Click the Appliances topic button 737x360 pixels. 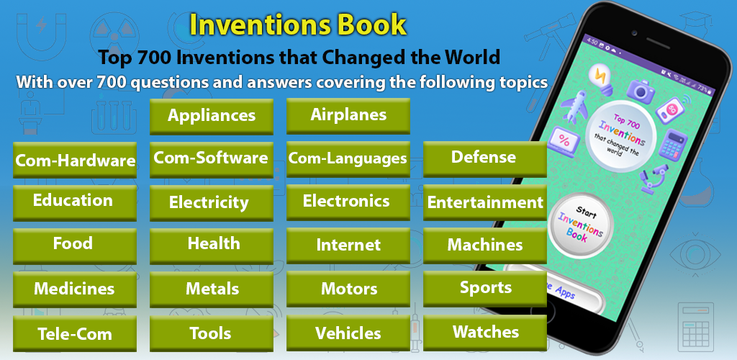point(212,117)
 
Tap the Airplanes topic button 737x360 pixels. point(348,116)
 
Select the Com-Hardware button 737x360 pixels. point(75,161)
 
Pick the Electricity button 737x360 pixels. point(212,203)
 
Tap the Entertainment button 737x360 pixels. point(485,203)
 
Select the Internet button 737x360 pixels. point(348,246)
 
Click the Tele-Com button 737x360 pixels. point(75,333)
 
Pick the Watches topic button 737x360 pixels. point(485,333)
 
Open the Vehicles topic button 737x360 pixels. point(348,333)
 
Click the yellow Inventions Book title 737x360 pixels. point(298,25)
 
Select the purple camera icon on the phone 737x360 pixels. point(640,91)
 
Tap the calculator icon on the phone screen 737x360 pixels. point(673,144)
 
